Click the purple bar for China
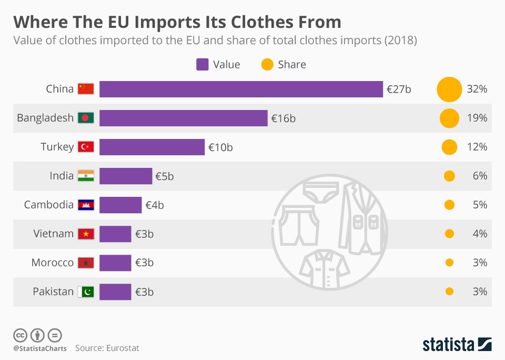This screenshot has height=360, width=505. pyautogui.click(x=241, y=89)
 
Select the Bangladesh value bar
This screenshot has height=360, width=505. pyautogui.click(x=183, y=118)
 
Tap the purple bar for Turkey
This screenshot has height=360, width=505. pyautogui.click(x=151, y=147)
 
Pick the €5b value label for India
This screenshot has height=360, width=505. pyautogui.click(x=164, y=176)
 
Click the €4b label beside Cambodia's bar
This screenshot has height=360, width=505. pyautogui.click(x=154, y=205)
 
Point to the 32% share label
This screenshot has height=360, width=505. pyautogui.click(x=477, y=89)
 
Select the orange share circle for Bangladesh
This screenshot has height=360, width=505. pyautogui.click(x=449, y=118)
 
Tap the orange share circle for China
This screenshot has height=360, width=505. pyautogui.click(x=449, y=89)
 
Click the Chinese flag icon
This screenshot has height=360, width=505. pyautogui.click(x=85, y=89)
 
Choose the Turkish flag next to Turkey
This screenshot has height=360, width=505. pyautogui.click(x=85, y=147)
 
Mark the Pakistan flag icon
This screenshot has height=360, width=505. pyautogui.click(x=85, y=292)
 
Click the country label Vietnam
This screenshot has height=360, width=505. pyautogui.click(x=53, y=234)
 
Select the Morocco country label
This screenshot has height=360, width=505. pyautogui.click(x=52, y=263)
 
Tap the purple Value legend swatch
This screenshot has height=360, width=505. pyautogui.click(x=203, y=65)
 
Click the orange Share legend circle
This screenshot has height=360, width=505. pyautogui.click(x=267, y=65)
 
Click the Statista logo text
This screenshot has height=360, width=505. pyautogui.click(x=448, y=345)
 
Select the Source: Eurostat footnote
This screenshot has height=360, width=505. pyautogui.click(x=107, y=348)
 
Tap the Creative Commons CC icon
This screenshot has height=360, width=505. pyautogui.click(x=20, y=335)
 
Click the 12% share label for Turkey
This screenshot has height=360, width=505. pyautogui.click(x=477, y=147)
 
